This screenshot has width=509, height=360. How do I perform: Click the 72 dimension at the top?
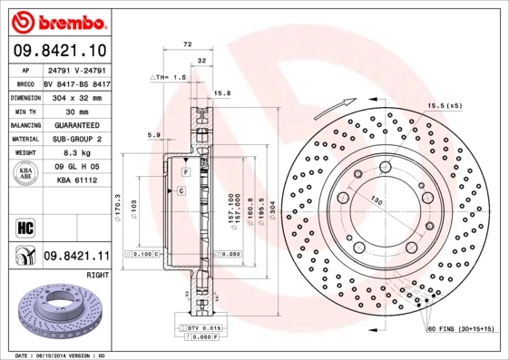[x=188, y=44]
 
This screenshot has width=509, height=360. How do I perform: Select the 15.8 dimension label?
[x=221, y=92]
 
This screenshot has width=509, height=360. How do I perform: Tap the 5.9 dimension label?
[x=153, y=136]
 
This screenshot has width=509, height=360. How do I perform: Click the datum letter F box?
[x=184, y=171]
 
